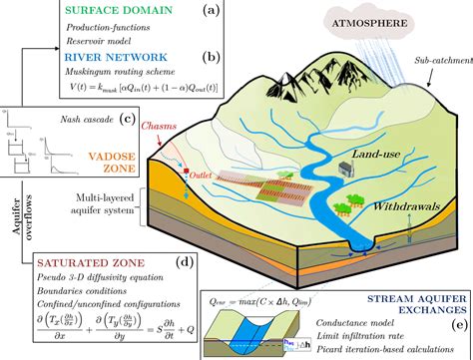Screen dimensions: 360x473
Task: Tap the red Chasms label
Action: point(133,127)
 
